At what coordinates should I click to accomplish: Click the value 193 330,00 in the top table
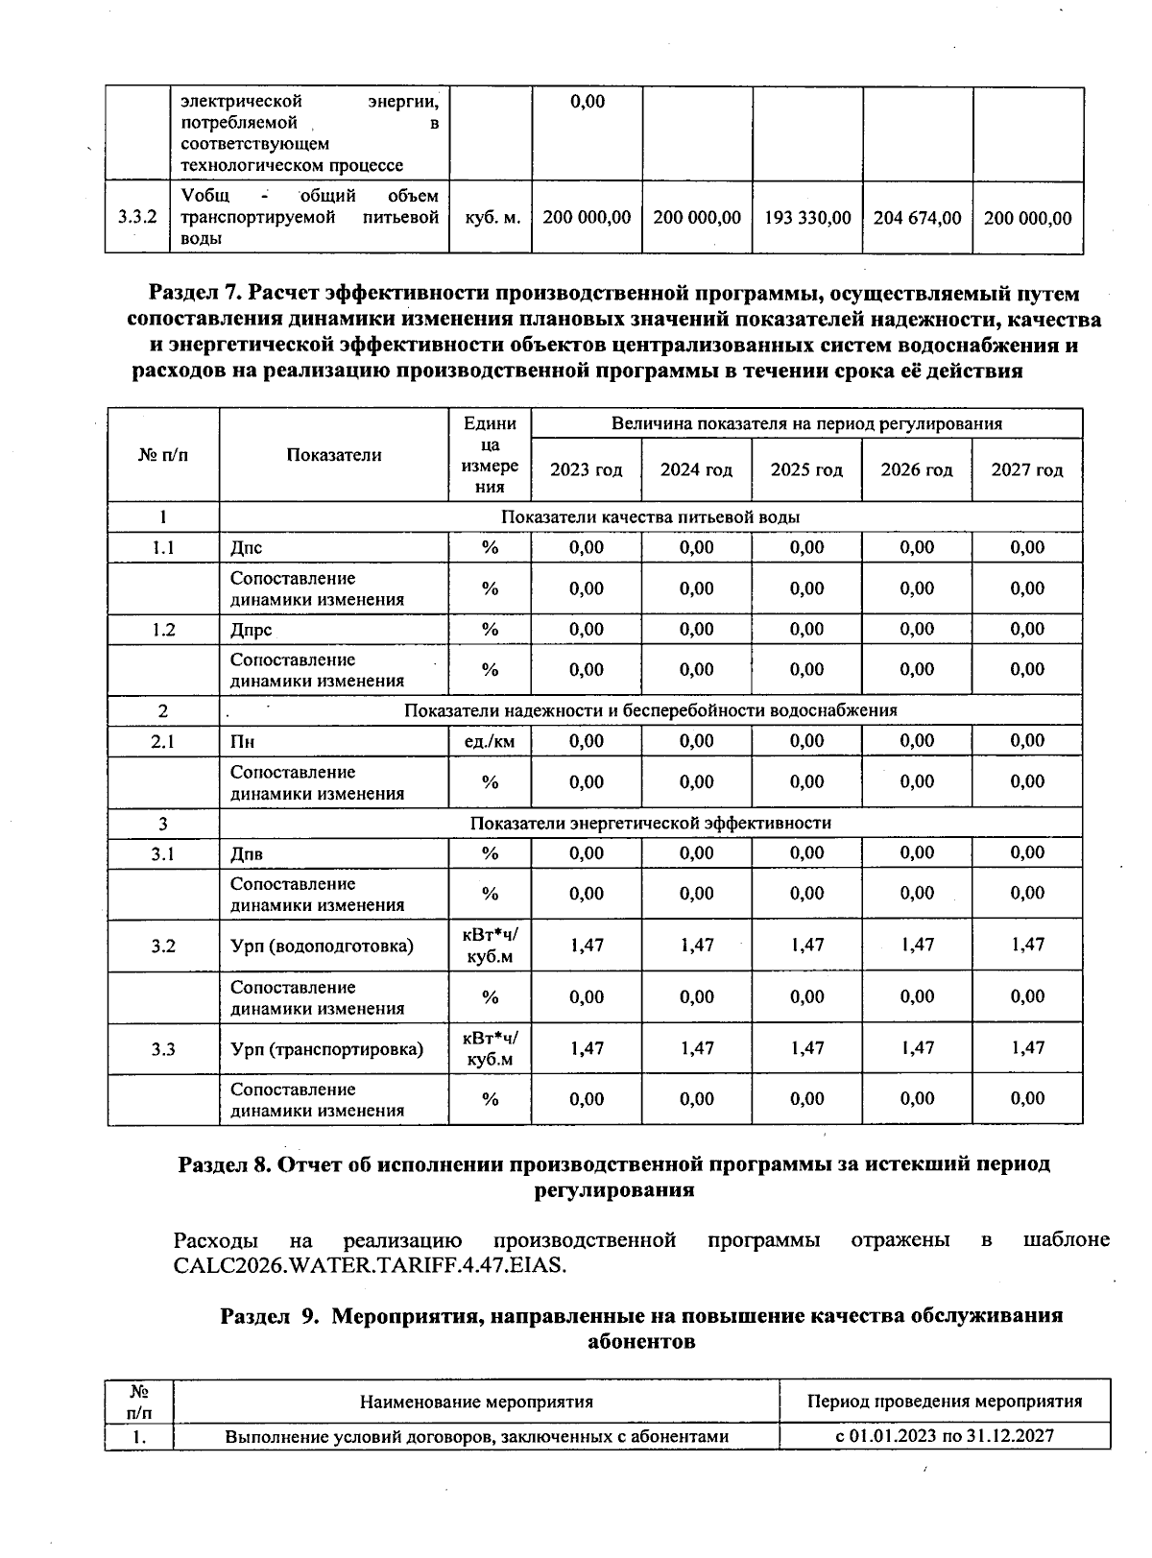(x=807, y=218)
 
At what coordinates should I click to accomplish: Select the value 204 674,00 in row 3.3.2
(x=917, y=218)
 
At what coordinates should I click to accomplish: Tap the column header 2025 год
(x=806, y=470)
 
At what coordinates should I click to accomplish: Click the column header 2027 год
(x=1027, y=470)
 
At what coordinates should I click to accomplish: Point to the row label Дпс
(x=246, y=548)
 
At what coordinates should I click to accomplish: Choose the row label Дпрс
(x=251, y=630)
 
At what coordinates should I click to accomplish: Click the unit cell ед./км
(x=490, y=741)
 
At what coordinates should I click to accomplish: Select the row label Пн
(x=242, y=742)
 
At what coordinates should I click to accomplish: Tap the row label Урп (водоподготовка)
(x=322, y=946)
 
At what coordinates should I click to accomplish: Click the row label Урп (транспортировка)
(x=326, y=1049)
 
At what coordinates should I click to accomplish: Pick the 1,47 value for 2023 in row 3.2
(x=587, y=945)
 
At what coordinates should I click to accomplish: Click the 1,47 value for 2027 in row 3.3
(x=1027, y=1048)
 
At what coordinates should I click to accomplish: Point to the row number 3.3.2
(x=137, y=218)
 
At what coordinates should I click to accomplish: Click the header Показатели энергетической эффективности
(x=650, y=824)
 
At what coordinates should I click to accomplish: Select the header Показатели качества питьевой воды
(x=650, y=517)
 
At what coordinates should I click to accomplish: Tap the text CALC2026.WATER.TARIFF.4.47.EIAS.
(x=371, y=1265)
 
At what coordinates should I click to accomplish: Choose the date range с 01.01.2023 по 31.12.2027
(x=945, y=1437)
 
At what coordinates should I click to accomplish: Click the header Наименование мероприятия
(x=476, y=1402)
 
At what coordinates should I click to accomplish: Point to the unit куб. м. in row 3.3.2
(x=492, y=218)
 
